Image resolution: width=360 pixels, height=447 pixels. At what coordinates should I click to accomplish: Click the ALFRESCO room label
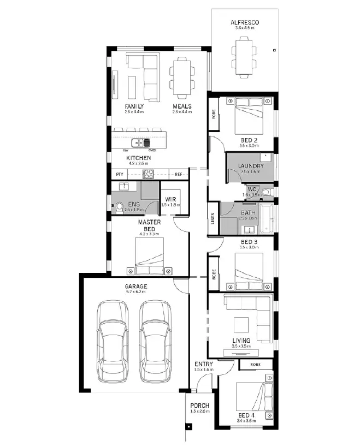(x=244, y=23)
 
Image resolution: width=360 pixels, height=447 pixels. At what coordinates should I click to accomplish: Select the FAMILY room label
(x=134, y=106)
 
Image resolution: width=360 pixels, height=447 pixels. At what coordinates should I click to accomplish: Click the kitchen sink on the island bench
(x=144, y=143)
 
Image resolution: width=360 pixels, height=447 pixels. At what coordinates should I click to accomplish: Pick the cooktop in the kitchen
(x=149, y=174)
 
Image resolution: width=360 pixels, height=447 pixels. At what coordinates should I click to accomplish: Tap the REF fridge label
(x=178, y=174)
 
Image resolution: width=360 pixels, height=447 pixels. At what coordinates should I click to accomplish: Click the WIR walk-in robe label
(x=171, y=199)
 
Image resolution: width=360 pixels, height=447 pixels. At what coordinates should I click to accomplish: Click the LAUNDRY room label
(x=251, y=165)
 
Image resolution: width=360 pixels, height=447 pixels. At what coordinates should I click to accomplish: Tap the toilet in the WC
(x=266, y=192)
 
